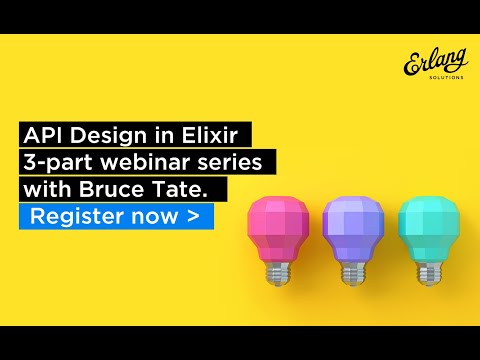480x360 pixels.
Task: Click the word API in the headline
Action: click(45, 135)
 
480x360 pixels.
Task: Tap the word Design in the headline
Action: click(109, 135)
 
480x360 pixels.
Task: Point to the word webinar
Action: click(151, 161)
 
